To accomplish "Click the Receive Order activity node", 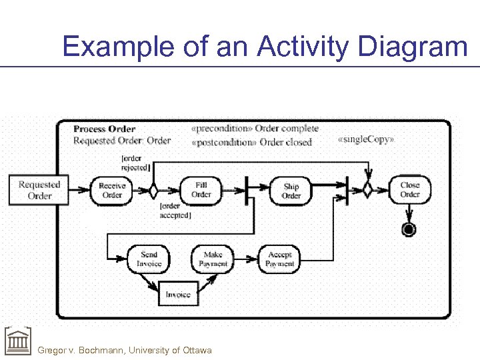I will tap(112, 191).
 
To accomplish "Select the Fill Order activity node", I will tap(201, 190).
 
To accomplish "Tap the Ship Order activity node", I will tap(291, 191).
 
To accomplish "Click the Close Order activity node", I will tap(410, 190).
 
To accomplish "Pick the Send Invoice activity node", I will tap(149, 259).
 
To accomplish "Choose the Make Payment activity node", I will tap(213, 259).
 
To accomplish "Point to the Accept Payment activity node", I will tap(279, 259).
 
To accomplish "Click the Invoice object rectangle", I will tap(178, 294).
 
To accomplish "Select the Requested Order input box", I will tap(39, 190).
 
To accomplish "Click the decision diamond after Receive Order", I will tap(153, 191).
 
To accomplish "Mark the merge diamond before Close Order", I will tap(367, 190).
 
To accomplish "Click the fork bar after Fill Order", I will tap(247, 190).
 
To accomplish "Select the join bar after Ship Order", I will tap(347, 190).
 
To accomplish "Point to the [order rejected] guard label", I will tap(135, 163).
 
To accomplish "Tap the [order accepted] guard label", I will tap(175, 211).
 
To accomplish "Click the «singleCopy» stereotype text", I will tap(366, 139).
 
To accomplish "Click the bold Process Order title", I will tap(104, 129).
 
